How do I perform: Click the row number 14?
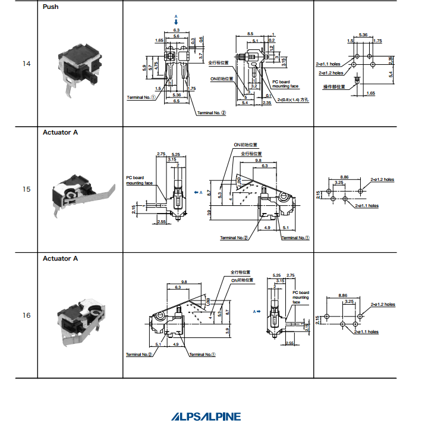(26, 64)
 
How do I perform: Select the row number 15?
(26, 189)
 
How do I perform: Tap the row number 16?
(26, 315)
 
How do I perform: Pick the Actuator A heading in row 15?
(60, 133)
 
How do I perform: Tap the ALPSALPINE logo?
(206, 417)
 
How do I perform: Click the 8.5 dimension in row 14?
(250, 34)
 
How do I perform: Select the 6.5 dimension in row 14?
(177, 101)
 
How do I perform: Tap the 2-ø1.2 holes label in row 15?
(382, 179)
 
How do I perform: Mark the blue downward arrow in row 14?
(176, 21)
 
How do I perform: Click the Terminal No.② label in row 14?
(212, 112)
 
